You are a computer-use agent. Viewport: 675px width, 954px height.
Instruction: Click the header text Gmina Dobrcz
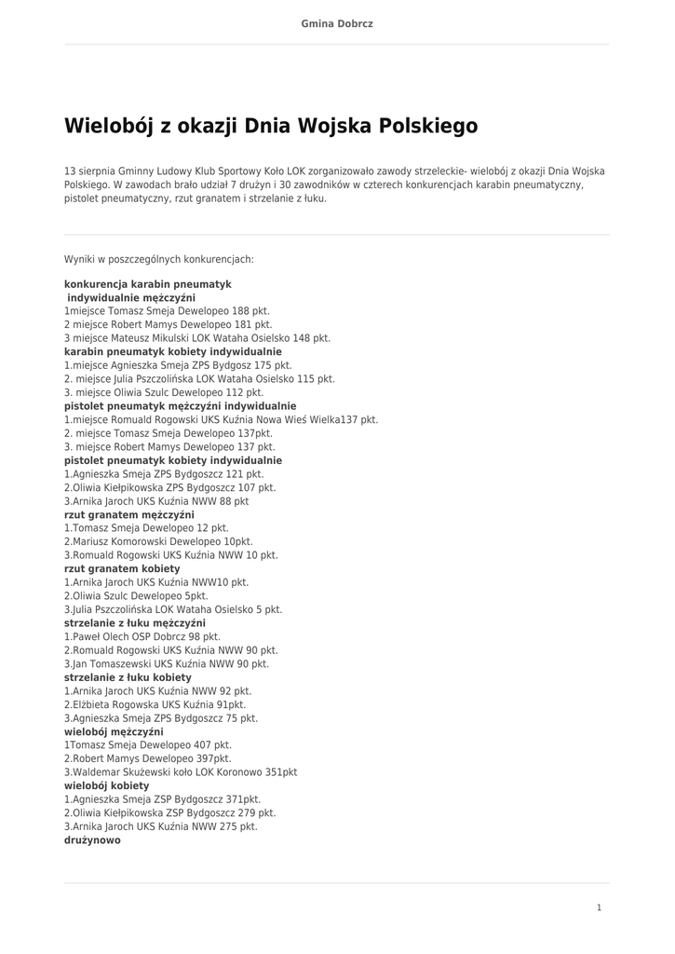[x=337, y=23]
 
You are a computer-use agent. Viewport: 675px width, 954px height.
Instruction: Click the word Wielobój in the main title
[x=109, y=126]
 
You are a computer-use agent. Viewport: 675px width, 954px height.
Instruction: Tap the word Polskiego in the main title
[x=427, y=126]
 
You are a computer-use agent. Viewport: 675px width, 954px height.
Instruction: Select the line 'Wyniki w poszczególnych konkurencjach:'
[x=158, y=259]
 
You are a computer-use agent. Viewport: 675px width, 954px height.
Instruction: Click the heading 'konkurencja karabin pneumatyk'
[x=147, y=284]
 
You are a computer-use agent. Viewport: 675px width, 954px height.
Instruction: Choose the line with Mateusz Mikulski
[x=196, y=338]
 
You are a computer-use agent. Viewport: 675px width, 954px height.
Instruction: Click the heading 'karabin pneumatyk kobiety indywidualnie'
[x=172, y=352]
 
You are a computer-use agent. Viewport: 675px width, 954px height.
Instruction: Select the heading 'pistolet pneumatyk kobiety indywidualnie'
[x=172, y=460]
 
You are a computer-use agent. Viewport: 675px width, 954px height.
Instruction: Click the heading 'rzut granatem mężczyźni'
[x=128, y=514]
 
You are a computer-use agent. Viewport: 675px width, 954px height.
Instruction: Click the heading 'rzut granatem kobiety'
[x=122, y=568]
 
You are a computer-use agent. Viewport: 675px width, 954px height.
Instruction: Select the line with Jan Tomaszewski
[x=166, y=664]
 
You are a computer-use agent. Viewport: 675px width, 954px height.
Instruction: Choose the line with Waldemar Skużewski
[x=181, y=772]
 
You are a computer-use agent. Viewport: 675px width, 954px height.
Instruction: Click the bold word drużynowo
[x=92, y=840]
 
